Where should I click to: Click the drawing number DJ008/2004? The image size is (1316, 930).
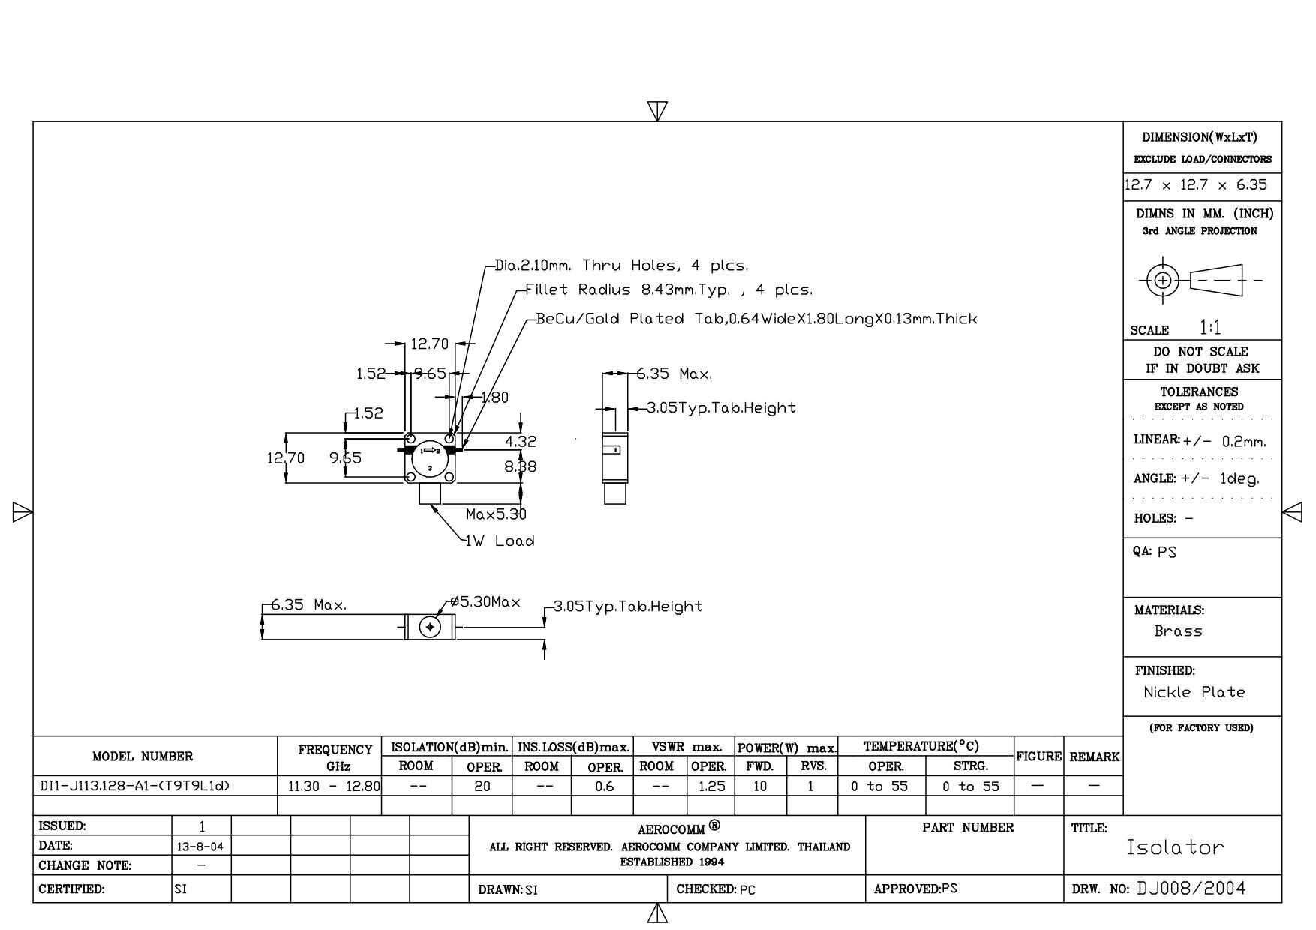coord(1191,889)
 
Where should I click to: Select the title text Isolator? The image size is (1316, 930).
coord(1175,848)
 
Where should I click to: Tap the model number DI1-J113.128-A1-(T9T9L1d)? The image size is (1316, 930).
coord(134,786)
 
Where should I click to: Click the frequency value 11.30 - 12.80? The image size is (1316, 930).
coord(334,787)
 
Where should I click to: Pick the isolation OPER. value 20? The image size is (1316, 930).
coord(482,787)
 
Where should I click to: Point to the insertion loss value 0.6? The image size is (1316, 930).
coord(603,787)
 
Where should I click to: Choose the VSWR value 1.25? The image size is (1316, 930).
coord(711,787)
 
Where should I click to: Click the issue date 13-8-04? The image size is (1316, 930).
coord(202,846)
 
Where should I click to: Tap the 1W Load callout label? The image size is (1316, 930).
coord(500,541)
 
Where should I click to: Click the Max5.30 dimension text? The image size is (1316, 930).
coord(496,514)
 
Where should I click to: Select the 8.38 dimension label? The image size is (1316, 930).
coord(520,466)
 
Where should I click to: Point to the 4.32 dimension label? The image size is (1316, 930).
coord(521,442)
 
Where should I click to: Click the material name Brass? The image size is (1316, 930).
coord(1178,631)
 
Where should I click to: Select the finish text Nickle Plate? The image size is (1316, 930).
coord(1194,692)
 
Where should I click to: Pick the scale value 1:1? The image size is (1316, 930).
coord(1209,328)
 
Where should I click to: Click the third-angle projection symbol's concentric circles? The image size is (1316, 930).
coord(1163,280)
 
